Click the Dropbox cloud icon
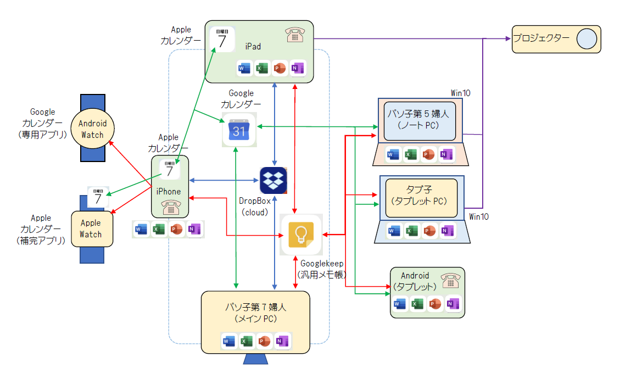[x=273, y=180]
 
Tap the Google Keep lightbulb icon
[x=300, y=235]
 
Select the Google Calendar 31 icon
[x=239, y=130]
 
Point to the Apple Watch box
[x=91, y=229]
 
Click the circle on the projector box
[x=587, y=39]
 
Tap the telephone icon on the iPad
[x=295, y=35]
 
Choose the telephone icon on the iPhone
[x=170, y=208]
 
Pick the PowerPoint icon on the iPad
[x=280, y=68]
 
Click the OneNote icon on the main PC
[x=282, y=341]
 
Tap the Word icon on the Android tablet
[x=399, y=304]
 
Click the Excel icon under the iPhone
[x=159, y=230]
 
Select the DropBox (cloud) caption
[x=254, y=207]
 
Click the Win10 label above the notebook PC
[x=461, y=92]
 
